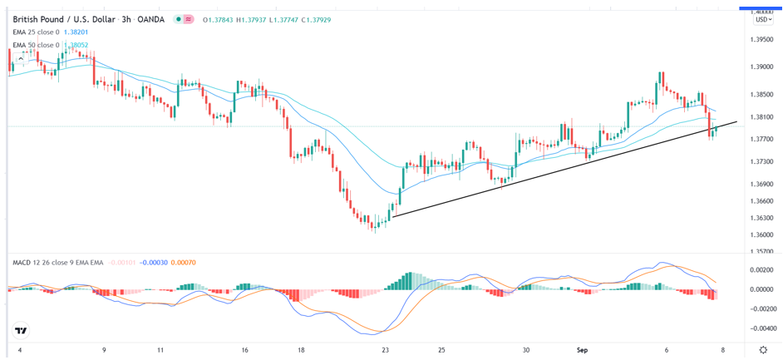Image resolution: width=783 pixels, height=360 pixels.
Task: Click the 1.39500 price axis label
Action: coord(761,40)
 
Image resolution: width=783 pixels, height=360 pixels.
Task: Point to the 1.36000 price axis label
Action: coord(761,235)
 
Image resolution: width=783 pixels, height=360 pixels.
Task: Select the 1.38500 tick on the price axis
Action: coord(761,95)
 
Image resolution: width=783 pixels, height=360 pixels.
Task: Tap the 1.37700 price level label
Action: coord(761,140)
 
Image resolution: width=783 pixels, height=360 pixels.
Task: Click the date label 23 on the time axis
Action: coord(385,350)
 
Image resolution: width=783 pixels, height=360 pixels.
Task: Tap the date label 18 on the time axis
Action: coord(300,350)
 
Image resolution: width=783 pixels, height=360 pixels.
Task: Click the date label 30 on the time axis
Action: coord(526,350)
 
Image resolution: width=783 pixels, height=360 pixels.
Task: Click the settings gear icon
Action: coord(763,350)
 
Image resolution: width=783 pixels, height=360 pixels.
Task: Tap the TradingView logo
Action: coord(22,331)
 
